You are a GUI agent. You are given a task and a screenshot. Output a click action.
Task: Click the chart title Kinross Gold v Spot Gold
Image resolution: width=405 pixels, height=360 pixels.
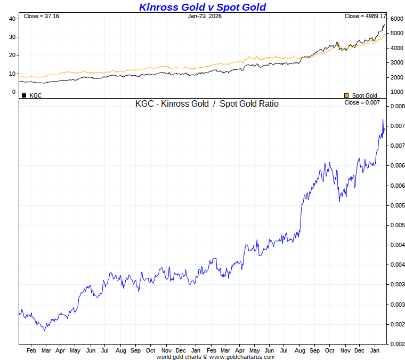click(x=202, y=7)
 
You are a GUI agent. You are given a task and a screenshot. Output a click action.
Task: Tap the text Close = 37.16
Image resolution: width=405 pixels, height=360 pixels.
click(x=42, y=17)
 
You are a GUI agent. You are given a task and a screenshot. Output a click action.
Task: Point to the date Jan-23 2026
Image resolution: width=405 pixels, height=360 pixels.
click(x=205, y=17)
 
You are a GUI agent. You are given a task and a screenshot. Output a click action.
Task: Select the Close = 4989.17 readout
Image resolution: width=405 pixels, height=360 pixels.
click(x=365, y=17)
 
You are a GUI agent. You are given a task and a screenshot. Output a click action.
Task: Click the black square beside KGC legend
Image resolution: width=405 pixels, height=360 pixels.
click(x=24, y=95)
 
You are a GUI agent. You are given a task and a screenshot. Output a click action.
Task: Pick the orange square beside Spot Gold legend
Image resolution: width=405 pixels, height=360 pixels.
click(x=346, y=95)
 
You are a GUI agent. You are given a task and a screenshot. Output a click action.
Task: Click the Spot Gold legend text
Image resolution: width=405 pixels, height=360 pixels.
click(x=365, y=95)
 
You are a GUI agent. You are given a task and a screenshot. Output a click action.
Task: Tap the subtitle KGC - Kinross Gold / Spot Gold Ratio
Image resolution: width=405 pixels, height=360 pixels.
click(x=207, y=104)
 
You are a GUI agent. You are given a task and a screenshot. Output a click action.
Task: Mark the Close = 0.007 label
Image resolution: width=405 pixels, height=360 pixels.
click(x=362, y=102)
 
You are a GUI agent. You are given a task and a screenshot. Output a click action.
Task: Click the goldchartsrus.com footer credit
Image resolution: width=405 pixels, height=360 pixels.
click(x=215, y=357)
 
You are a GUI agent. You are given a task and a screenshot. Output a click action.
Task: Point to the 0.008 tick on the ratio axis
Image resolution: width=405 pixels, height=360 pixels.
click(x=397, y=106)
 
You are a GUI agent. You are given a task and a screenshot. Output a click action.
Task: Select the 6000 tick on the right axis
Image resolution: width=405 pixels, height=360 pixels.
click(x=397, y=19)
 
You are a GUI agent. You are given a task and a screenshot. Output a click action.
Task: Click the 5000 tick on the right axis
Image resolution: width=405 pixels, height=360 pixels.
click(x=397, y=33)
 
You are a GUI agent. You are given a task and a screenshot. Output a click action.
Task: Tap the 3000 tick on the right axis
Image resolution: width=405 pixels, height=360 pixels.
click(x=397, y=62)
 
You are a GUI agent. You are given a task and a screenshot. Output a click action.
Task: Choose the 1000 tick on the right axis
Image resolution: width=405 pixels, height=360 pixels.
click(x=397, y=92)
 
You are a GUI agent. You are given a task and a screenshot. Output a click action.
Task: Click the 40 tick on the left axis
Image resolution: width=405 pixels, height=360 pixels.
click(x=12, y=19)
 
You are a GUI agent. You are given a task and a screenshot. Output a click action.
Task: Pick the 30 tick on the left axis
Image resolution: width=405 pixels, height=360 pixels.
click(x=12, y=37)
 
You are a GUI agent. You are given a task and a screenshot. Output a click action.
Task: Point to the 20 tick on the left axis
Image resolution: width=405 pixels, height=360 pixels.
click(x=12, y=55)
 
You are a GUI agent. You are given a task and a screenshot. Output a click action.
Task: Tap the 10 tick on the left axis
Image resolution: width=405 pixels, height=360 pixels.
click(x=12, y=74)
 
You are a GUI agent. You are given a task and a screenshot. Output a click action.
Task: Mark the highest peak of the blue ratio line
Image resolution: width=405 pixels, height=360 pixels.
click(x=383, y=119)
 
